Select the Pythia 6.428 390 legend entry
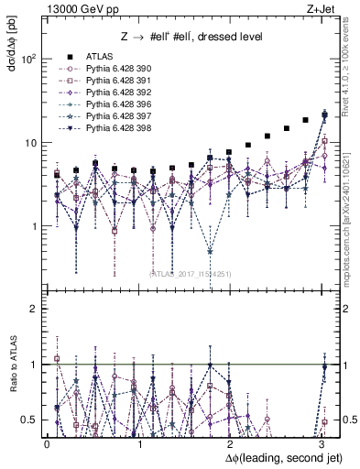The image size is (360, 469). click(117, 69)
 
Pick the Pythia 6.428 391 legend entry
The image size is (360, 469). click(117, 81)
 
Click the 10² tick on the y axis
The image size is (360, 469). click(29, 59)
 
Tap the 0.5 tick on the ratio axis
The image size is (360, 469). click(28, 420)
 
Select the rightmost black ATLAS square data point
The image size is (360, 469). click(323, 115)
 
